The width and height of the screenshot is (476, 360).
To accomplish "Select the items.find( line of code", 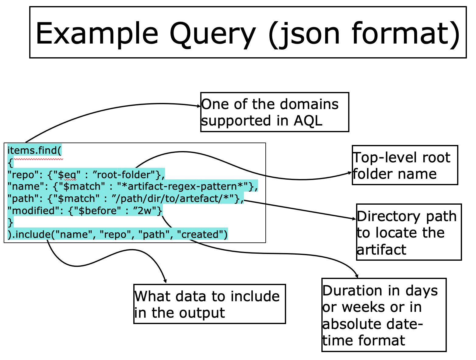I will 34,150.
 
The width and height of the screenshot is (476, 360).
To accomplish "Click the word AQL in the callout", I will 308,121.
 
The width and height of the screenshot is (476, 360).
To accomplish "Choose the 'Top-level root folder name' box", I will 405,165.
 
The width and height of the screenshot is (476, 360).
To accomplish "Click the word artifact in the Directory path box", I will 381,250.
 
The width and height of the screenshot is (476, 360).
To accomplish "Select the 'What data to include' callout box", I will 209,304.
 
